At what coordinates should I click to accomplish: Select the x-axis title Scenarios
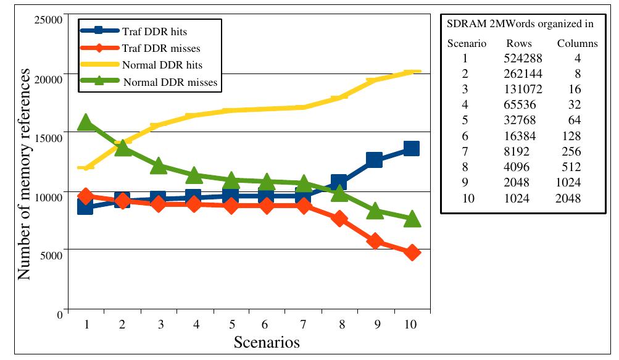tap(266, 342)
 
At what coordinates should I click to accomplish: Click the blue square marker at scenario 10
tap(411, 148)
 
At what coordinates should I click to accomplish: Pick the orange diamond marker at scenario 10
tap(412, 253)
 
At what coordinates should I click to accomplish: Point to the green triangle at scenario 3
tap(158, 165)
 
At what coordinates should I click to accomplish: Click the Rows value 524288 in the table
tap(518, 59)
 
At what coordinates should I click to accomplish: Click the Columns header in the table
tap(577, 44)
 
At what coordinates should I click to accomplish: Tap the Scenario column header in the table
tap(467, 44)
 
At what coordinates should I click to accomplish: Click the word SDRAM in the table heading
tap(462, 25)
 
